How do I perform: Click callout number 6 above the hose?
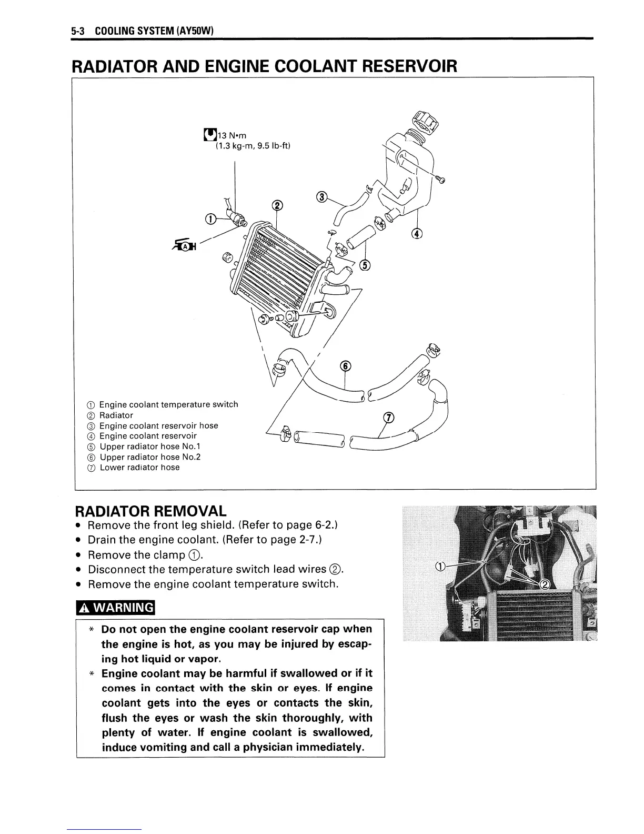(345, 366)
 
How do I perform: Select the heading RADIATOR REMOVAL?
(151, 511)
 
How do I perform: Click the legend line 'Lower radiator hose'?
(139, 468)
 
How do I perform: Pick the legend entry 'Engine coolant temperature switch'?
(168, 404)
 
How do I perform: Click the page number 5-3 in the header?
(78, 31)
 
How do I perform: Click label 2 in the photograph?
(545, 583)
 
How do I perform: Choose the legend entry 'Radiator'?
(116, 415)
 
